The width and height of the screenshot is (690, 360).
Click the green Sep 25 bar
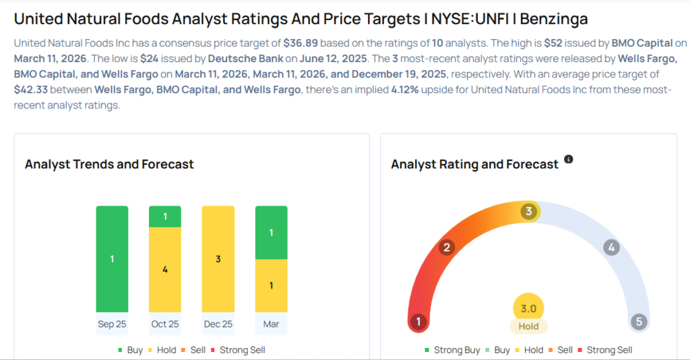[112, 259]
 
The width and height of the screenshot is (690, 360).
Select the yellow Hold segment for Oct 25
[165, 270]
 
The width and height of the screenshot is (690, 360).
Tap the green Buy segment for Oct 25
[165, 216]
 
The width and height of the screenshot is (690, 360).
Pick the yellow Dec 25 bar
[218, 259]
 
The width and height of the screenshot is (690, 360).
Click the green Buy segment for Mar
[271, 233]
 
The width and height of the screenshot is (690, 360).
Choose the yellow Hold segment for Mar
[271, 286]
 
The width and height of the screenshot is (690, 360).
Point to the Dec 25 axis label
[218, 324]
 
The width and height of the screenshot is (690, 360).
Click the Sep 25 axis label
[112, 324]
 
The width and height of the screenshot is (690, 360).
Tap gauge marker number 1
[418, 322]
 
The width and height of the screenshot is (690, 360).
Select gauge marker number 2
[445, 247]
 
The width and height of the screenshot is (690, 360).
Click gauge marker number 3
[529, 212]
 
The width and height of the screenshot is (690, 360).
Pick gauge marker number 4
[611, 247]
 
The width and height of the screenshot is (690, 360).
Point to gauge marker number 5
[639, 322]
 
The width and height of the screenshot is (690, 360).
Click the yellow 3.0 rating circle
[528, 309]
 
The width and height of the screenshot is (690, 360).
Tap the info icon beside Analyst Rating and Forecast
[569, 160]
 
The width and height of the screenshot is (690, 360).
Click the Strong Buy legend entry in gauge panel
[453, 350]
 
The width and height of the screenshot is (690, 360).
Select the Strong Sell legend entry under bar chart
[238, 350]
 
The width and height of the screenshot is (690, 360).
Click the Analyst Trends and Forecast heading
[109, 164]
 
